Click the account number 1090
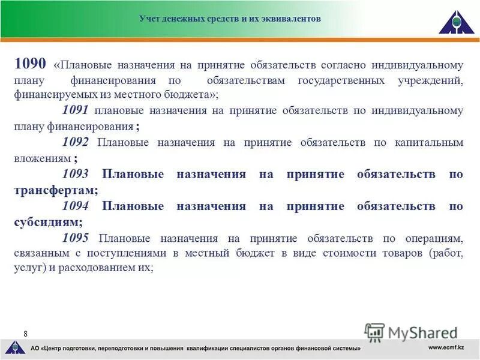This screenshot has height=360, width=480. [x=31, y=64]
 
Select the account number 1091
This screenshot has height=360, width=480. [x=75, y=110]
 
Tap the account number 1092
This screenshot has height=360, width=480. [x=75, y=142]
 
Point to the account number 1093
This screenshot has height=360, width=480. [x=75, y=174]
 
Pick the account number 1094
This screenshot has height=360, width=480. [x=75, y=206]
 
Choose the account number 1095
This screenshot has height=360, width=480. [x=75, y=238]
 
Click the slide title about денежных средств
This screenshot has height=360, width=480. [x=230, y=19]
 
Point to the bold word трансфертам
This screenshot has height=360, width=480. [x=55, y=190]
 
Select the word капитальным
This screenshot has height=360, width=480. [x=429, y=142]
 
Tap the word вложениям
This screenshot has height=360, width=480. [x=41, y=158]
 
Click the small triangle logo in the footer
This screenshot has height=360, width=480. [x=15, y=347]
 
